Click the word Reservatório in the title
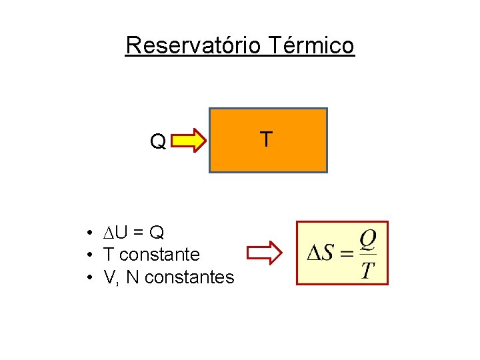pyautogui.click(x=195, y=45)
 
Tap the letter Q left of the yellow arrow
pyautogui.click(x=158, y=142)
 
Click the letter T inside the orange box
pyautogui.click(x=265, y=139)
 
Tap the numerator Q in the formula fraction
pyautogui.click(x=368, y=238)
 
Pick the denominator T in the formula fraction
pyautogui.click(x=368, y=270)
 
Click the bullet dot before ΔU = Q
pyautogui.click(x=88, y=233)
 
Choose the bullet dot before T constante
pyautogui.click(x=88, y=255)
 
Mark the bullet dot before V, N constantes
pyautogui.click(x=88, y=277)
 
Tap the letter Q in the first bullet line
pyautogui.click(x=157, y=233)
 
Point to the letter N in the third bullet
pyautogui.click(x=132, y=277)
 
